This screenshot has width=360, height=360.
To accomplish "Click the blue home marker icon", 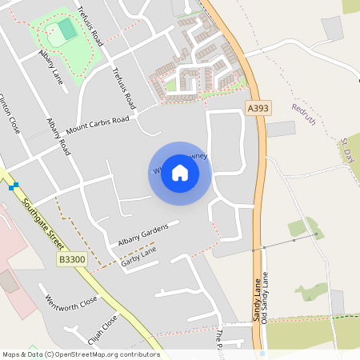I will [180, 174].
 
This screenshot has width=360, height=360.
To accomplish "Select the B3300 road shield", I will [72, 259].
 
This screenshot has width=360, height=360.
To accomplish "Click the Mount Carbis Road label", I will [98, 126].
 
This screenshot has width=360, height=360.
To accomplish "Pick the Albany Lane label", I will [50, 67].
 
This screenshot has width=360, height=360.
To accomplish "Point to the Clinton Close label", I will [10, 112].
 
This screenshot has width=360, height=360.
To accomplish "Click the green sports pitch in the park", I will [66, 29].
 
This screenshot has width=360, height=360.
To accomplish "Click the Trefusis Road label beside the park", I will [90, 25].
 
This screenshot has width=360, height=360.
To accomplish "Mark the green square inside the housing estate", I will [170, 84].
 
